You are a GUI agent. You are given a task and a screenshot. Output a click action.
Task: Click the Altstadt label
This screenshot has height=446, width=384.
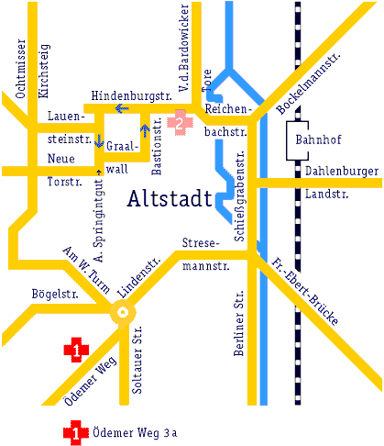click(170, 198)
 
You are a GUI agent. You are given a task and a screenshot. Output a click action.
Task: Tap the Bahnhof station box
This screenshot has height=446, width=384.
click(312, 140)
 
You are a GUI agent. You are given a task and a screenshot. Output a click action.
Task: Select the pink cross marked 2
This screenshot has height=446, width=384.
click(181, 119)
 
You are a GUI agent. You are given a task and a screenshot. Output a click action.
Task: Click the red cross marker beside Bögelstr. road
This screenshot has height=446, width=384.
click(75, 349)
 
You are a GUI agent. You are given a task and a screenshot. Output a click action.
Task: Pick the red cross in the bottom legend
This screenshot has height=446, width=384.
click(75, 431)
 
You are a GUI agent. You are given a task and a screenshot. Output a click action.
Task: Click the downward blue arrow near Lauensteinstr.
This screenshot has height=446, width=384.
click(99, 140)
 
